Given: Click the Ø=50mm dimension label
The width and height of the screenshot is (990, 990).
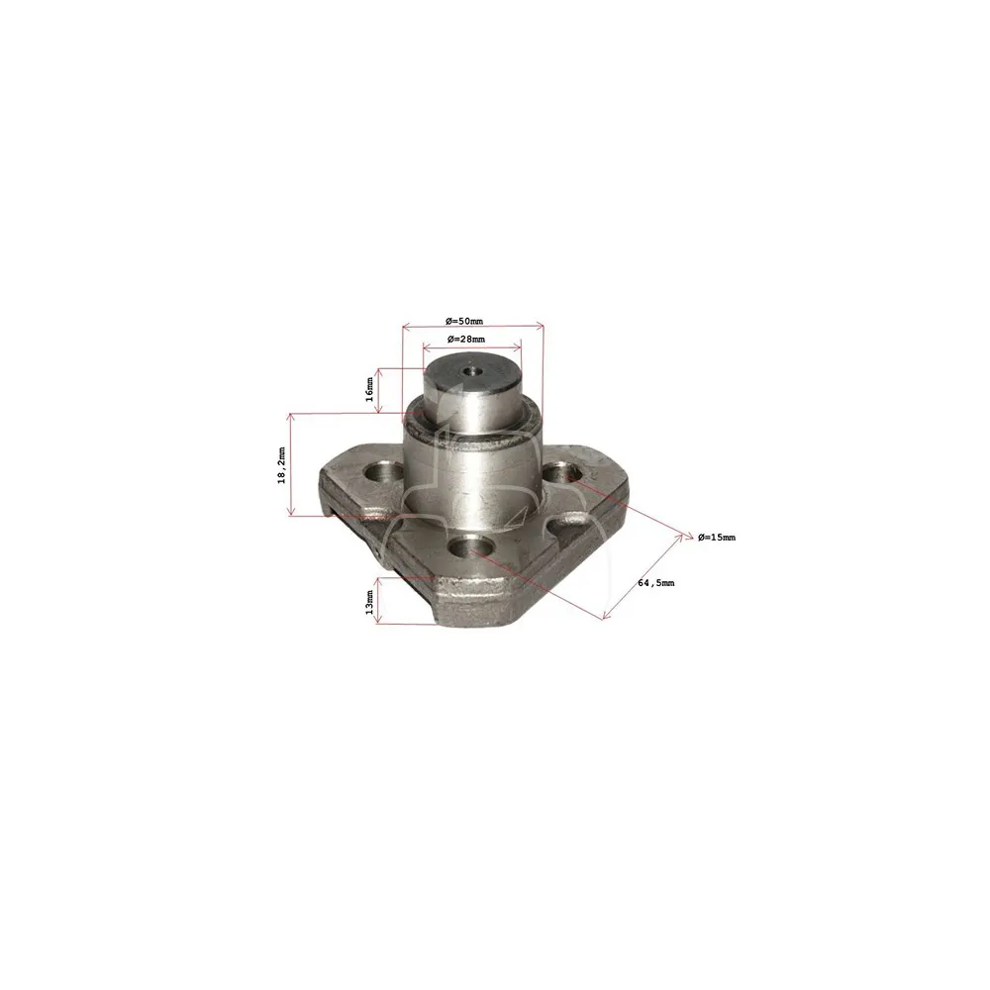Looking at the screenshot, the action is coord(464,322).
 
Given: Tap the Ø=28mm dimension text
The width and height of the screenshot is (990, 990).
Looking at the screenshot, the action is coord(466,339).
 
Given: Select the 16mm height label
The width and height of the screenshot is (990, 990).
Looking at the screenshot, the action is coord(369,389).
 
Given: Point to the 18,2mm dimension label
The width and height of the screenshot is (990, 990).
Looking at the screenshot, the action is coord(281,464).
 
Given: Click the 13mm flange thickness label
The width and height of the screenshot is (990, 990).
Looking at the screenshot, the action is coord(369,602).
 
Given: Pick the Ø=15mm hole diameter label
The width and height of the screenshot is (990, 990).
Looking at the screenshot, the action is coord(717,538).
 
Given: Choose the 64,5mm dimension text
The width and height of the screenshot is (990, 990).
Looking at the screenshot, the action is coord(656,583).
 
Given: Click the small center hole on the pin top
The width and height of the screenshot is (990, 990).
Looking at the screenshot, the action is coord(469,370).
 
